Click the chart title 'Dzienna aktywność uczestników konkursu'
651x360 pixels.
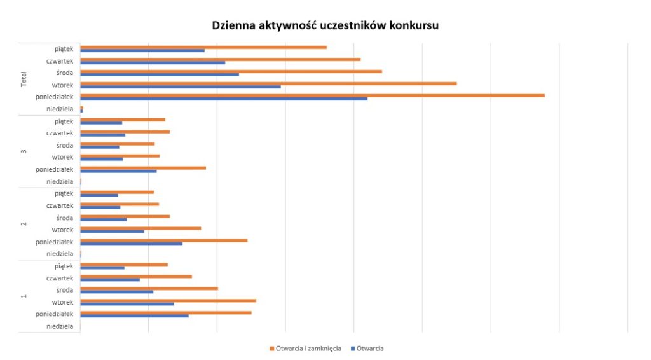[x=325, y=26]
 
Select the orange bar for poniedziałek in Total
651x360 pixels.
[x=312, y=95]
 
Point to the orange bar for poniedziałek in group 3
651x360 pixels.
[x=143, y=168]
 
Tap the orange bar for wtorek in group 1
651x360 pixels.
[x=168, y=301]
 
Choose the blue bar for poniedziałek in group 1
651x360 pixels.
[x=134, y=315]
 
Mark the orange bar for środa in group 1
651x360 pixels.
[x=149, y=289]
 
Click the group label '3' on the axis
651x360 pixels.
[x=24, y=151]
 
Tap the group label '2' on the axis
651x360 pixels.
[x=24, y=224]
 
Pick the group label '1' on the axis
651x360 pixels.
[x=24, y=296]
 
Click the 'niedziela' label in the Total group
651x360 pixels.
[x=60, y=109]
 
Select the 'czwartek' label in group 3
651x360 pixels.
[x=60, y=134]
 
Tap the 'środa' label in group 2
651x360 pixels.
[x=64, y=218]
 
